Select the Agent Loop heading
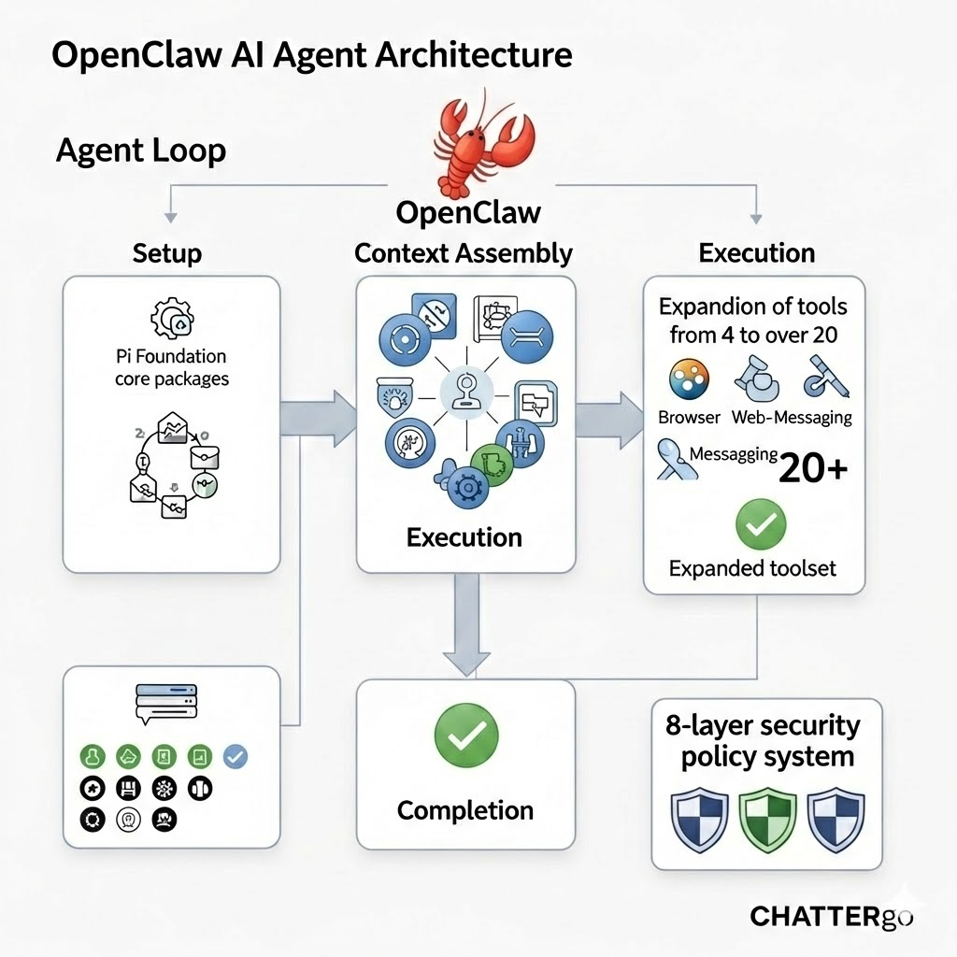tap(141, 150)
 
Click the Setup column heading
tap(167, 252)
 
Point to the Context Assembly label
tap(464, 252)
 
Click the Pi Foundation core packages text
tap(171, 367)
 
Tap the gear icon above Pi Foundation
tap(172, 319)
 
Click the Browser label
tap(689, 418)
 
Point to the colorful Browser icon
tap(690, 379)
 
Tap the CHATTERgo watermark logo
tap(830, 916)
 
